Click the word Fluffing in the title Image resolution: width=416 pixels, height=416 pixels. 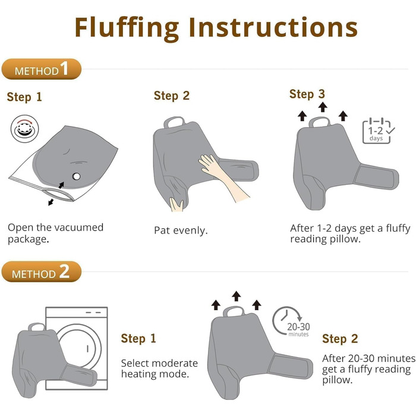127,29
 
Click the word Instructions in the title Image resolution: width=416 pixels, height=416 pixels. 273,27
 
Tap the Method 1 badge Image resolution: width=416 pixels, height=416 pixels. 42,69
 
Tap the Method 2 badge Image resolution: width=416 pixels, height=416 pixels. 42,272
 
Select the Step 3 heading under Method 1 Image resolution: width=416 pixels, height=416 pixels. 307,94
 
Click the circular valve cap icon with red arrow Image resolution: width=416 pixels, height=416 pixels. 25,129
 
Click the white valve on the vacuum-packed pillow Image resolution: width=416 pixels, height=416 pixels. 77,176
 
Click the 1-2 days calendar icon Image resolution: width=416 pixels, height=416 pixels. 378,131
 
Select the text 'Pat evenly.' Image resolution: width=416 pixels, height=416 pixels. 181,231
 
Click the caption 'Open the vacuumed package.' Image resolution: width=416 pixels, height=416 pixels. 55,233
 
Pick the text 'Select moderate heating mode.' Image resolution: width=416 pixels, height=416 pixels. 159,368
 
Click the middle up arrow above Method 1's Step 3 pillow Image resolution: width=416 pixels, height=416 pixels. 323,107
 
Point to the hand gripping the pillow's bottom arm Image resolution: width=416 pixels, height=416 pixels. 177,204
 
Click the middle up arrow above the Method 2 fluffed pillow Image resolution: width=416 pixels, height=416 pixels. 236,296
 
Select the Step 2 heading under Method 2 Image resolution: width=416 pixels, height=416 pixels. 340,339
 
